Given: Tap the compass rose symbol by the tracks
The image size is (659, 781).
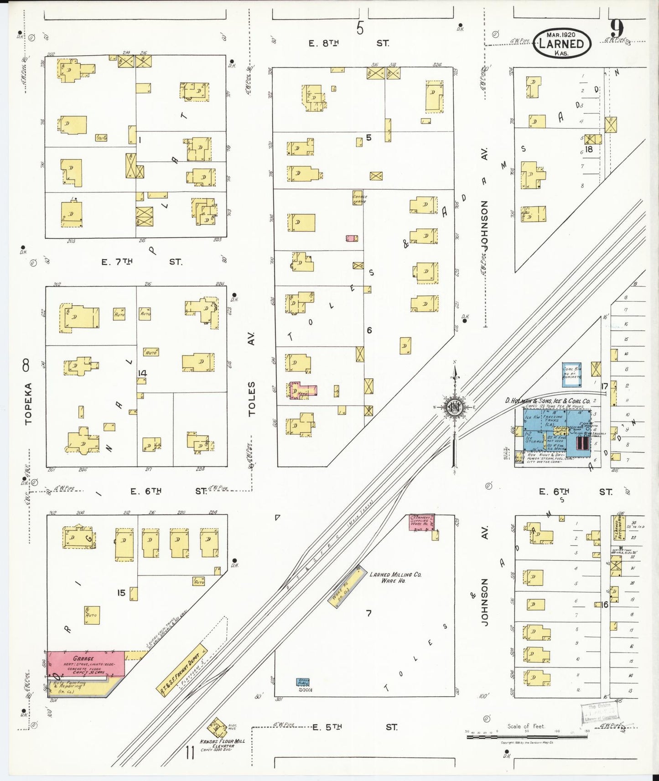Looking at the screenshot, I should click(454, 407).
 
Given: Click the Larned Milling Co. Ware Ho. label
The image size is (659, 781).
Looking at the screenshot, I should click(395, 577).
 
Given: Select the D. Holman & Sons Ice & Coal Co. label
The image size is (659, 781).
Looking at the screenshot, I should click(547, 401).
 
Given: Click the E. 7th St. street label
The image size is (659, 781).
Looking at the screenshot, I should click(141, 262).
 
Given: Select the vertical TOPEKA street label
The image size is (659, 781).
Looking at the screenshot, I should click(28, 404).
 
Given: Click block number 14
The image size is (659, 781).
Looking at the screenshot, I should click(142, 373).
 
